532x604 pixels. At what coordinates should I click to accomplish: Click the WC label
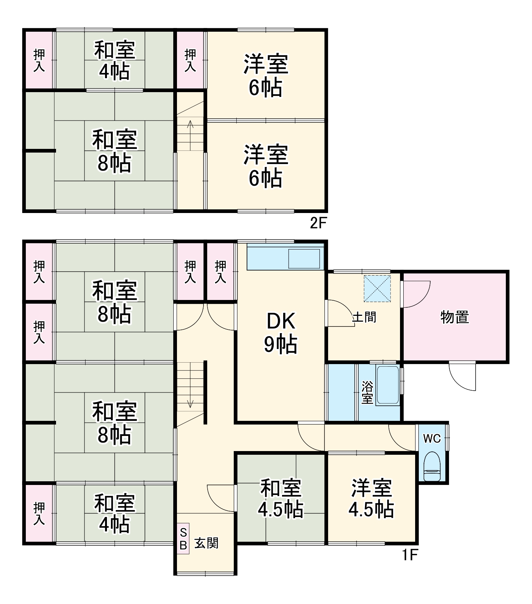(x=431, y=439)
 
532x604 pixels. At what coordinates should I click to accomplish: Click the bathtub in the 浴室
(x=387, y=385)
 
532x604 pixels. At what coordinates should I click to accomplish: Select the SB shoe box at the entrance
(x=183, y=538)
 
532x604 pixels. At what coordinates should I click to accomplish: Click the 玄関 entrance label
(x=206, y=543)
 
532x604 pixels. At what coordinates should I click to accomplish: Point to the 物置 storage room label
(x=455, y=317)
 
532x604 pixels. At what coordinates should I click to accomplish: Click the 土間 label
(x=364, y=317)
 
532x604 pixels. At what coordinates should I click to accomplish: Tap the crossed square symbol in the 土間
(x=377, y=289)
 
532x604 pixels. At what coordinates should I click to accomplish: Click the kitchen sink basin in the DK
(x=304, y=259)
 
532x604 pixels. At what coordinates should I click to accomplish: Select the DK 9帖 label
(x=281, y=333)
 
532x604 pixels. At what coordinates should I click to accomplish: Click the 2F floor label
(x=318, y=223)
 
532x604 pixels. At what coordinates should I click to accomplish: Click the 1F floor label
(x=410, y=555)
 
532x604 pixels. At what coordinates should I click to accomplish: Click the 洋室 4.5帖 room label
(x=371, y=498)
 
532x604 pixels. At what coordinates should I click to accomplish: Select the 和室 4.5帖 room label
(x=281, y=498)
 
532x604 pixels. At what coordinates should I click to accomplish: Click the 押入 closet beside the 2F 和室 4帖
(x=39, y=60)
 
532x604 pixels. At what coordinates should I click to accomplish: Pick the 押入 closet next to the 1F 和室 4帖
(x=39, y=513)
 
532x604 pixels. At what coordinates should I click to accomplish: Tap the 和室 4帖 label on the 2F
(x=114, y=60)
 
